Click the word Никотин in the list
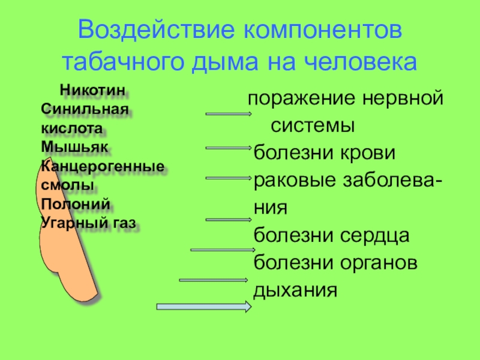[93, 91]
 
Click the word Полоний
[67, 204]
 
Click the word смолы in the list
[67, 185]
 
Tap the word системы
[312, 126]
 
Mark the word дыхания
[296, 290]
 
